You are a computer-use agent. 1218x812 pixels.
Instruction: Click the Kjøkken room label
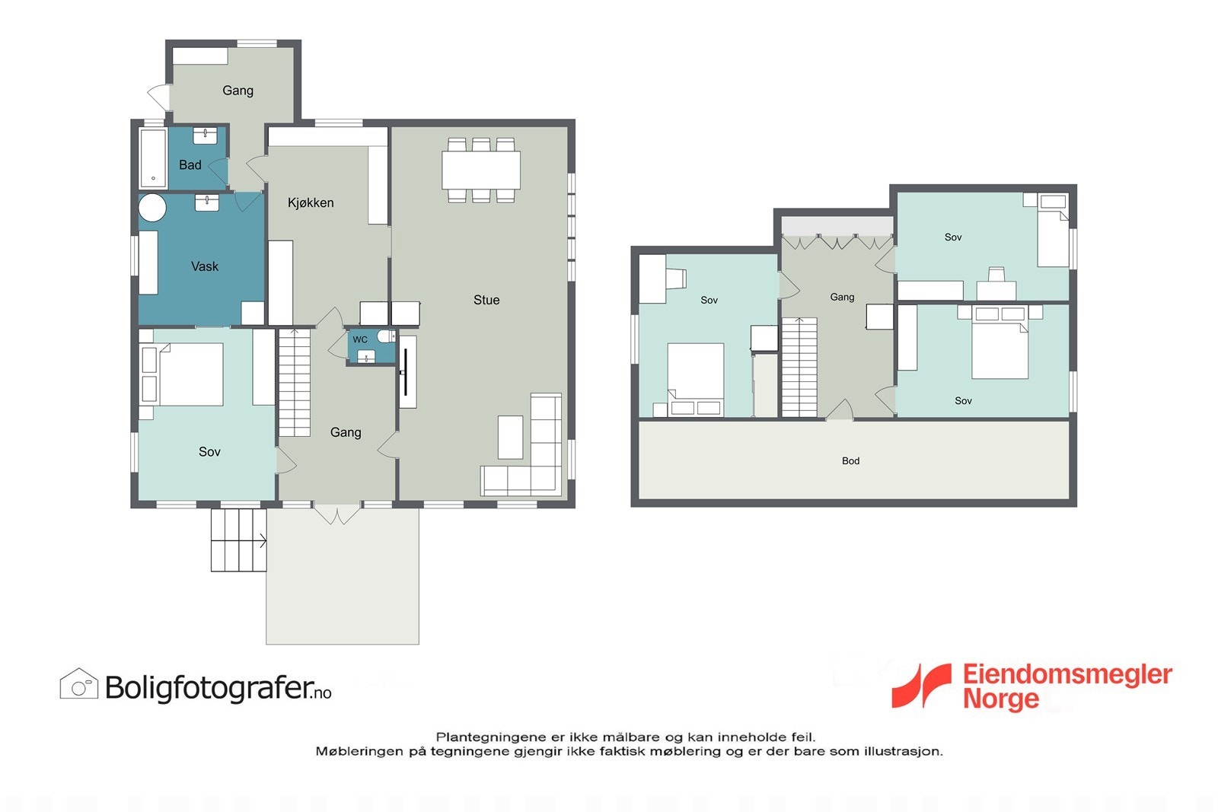(x=311, y=202)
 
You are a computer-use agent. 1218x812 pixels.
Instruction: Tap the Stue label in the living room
(x=486, y=300)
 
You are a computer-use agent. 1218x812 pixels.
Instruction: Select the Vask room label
(x=205, y=266)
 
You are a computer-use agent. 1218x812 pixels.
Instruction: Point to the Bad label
(x=190, y=164)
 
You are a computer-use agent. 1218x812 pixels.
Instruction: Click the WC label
(x=360, y=339)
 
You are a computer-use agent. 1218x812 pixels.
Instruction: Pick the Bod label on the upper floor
(x=850, y=461)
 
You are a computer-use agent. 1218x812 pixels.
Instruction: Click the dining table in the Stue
(x=480, y=170)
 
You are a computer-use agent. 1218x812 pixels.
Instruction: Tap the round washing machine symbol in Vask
(x=152, y=207)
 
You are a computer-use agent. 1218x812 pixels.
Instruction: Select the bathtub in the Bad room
(x=153, y=158)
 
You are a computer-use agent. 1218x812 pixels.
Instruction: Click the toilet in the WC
(x=387, y=337)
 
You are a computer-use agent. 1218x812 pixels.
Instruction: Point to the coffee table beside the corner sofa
(x=511, y=438)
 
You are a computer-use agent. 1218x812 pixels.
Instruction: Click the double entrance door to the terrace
(x=337, y=514)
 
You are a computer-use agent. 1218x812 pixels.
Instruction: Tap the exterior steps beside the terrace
(x=239, y=540)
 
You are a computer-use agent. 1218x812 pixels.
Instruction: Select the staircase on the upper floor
(x=799, y=368)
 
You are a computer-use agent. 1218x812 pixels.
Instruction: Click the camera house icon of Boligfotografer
(x=79, y=683)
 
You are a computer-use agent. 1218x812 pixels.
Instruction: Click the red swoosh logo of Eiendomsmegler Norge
(x=922, y=686)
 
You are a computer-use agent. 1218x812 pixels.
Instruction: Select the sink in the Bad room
(x=205, y=136)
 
